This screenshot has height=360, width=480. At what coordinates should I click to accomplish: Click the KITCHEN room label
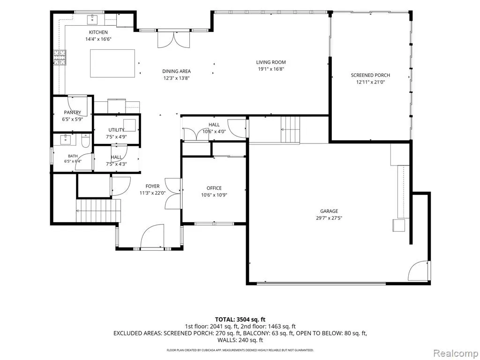pos(98,32)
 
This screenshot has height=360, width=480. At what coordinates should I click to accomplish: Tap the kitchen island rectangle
pos(112,63)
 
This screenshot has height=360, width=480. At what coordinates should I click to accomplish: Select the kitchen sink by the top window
pos(92,20)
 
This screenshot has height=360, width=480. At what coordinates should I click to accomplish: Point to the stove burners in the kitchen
pos(60,58)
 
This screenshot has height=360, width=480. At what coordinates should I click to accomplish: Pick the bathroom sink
pos(66,139)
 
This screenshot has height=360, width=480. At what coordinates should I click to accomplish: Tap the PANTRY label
pos(73,112)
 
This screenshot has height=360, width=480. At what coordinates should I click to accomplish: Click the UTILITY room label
pos(116,130)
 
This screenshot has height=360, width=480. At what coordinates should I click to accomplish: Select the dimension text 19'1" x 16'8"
pos(271,69)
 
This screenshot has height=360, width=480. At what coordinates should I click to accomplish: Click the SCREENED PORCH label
pos(370,75)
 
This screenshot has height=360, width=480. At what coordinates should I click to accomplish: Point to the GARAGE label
pos(329,211)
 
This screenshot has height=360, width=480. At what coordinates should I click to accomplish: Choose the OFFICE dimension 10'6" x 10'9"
pos(214,195)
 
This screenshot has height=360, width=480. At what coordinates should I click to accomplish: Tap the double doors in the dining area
pos(173,39)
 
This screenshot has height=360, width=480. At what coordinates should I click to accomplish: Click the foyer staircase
pos(98,210)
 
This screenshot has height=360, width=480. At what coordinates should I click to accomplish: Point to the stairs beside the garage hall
pos(290,129)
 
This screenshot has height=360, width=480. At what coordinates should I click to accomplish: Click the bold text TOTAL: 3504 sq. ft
pos(240,320)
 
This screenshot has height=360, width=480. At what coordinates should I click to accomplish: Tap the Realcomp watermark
pos(455,353)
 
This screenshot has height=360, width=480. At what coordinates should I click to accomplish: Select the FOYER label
pos(152,186)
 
